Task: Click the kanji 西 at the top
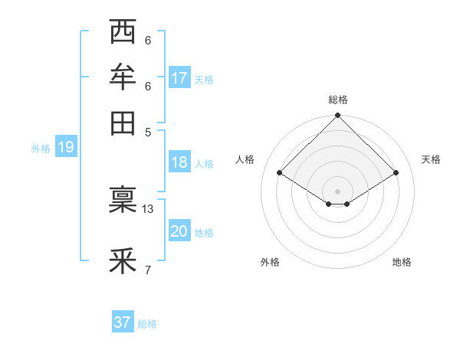(x=123, y=33)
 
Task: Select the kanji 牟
(x=123, y=77)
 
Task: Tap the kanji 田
(x=123, y=122)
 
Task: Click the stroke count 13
(x=148, y=208)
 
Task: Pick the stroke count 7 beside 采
(x=148, y=269)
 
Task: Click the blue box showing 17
(x=179, y=77)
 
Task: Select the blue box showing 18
(x=179, y=162)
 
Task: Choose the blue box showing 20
(x=179, y=232)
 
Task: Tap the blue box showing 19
(x=65, y=148)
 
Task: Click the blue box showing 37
(x=123, y=322)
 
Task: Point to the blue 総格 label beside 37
(x=147, y=324)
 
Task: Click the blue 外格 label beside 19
(x=41, y=149)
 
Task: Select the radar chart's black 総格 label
(x=338, y=100)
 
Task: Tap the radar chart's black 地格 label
(x=402, y=262)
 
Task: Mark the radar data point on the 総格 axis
(x=338, y=116)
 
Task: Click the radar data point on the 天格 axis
(x=396, y=173)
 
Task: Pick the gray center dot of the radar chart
(x=338, y=191)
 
